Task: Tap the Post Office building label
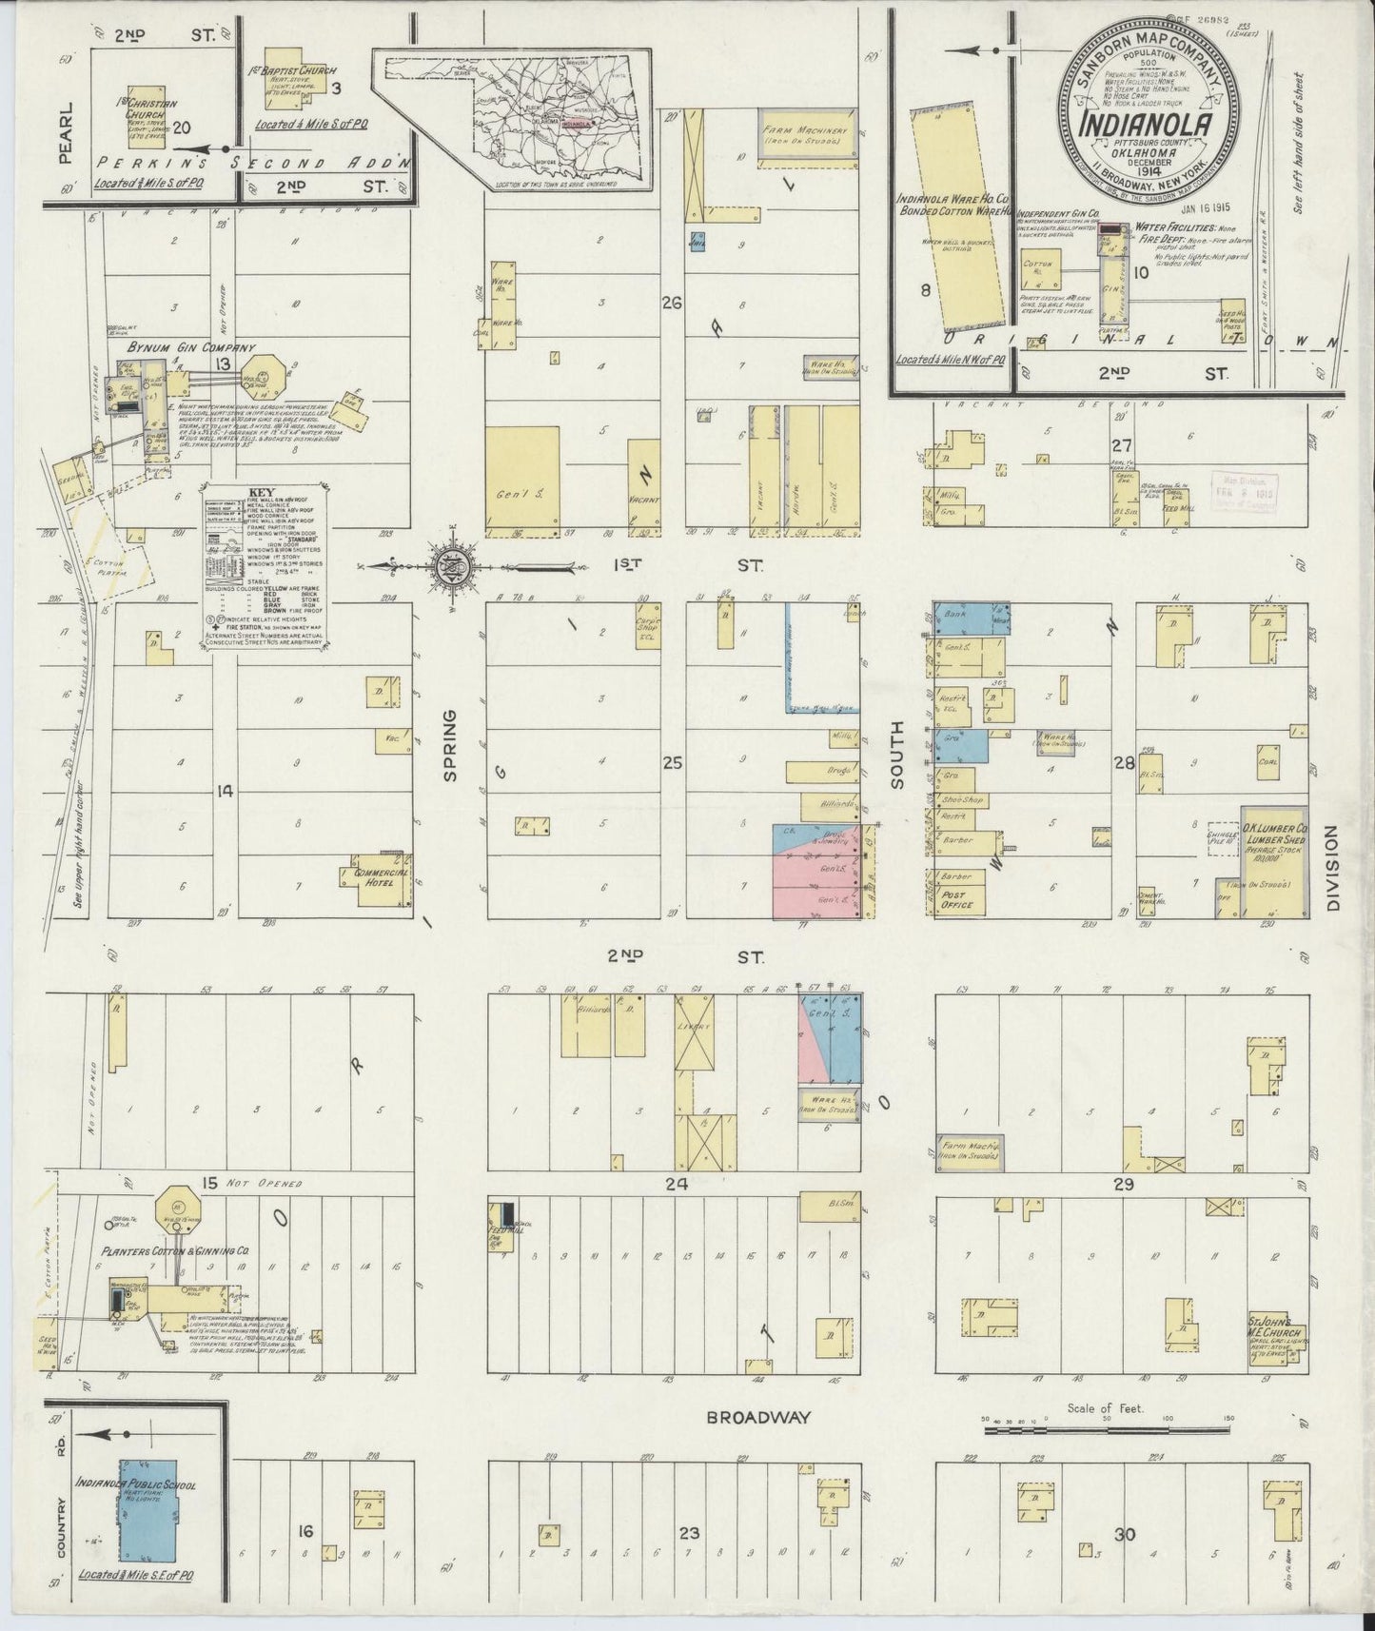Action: click(954, 899)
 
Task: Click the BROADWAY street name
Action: click(757, 1417)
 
